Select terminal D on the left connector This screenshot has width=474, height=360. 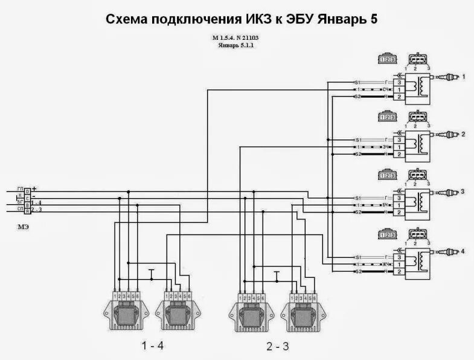point(27,191)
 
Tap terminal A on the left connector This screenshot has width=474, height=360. point(27,210)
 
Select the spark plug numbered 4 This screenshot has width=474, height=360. point(451,250)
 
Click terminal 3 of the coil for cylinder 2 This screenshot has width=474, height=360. point(399,140)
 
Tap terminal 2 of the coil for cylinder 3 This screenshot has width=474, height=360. point(399,213)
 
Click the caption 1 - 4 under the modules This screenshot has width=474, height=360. point(152,346)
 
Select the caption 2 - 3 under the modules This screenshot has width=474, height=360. point(278,347)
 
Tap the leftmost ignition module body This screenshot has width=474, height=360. point(126,313)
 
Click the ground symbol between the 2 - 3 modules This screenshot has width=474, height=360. point(277,275)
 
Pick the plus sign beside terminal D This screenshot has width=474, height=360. point(35,189)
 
